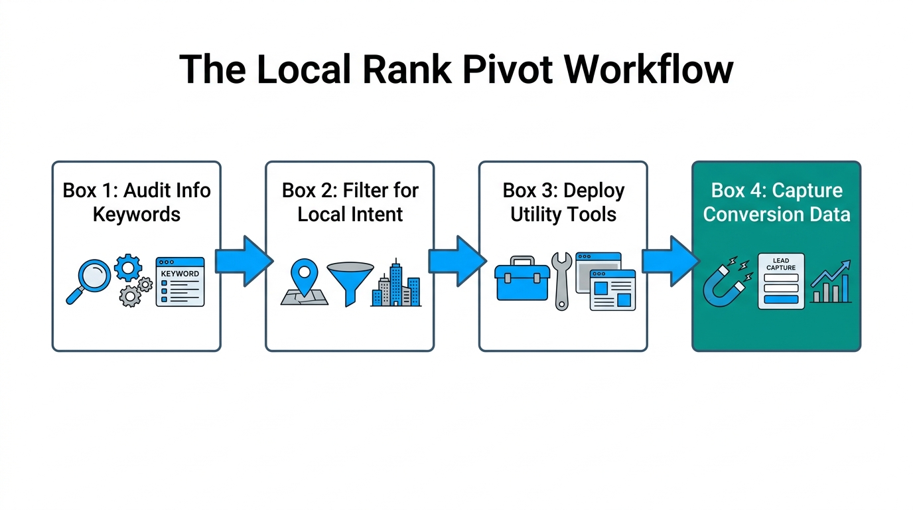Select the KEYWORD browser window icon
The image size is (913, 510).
[x=180, y=282]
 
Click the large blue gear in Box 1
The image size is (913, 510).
[x=128, y=268]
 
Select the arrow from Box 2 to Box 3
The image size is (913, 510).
[x=456, y=262]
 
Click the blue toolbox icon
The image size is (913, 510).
[x=522, y=280]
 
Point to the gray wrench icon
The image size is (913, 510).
[x=561, y=281]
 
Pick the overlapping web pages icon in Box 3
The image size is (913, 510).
[x=605, y=282]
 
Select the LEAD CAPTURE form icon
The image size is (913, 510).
[x=781, y=281]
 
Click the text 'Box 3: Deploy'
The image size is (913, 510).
[x=563, y=191]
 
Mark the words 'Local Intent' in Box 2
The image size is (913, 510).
[x=350, y=214]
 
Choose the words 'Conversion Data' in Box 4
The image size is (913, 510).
[x=776, y=214]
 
